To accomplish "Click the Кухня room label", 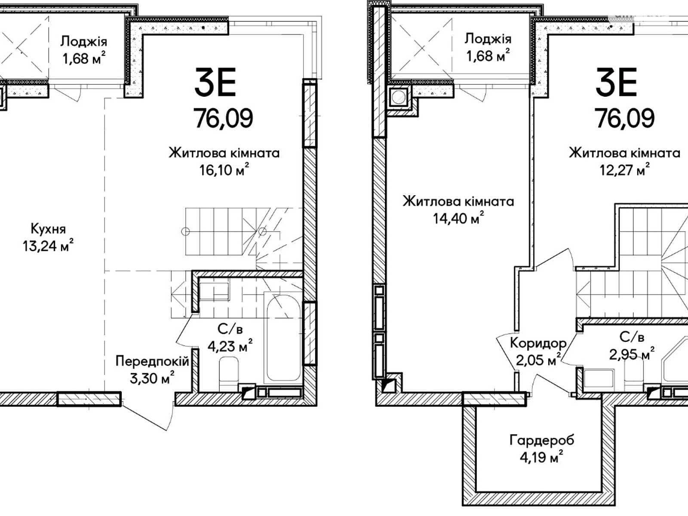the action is (48, 229).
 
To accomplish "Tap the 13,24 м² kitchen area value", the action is (48, 245).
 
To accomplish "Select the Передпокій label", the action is (152, 361).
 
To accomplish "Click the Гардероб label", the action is (542, 440).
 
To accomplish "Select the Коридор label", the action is (538, 343).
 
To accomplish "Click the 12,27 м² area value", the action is (624, 170).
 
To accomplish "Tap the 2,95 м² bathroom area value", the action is (632, 354).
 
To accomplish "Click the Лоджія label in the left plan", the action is (84, 41).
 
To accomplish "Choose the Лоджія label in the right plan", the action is (488, 39).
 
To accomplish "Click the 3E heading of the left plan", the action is (215, 82).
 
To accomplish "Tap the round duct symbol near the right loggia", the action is (398, 97).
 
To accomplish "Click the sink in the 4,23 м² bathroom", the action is (214, 292).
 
